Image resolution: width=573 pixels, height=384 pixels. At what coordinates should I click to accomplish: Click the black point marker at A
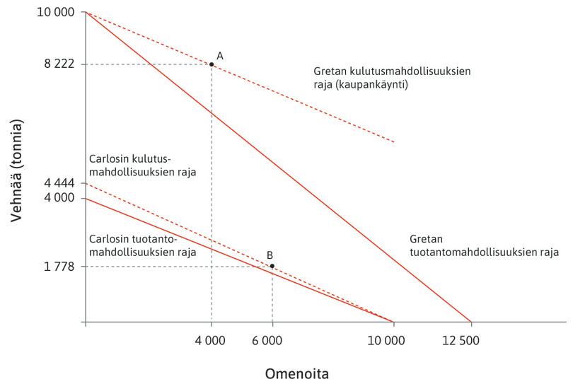pos(212,64)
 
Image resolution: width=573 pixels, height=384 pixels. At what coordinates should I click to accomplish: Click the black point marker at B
pos(272,266)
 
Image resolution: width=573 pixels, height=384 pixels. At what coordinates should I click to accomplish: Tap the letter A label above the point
pos(219,55)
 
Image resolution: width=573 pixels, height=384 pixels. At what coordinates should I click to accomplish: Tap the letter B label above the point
pos(270,255)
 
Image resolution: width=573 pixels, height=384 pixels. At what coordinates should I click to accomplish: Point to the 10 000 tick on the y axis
pos(59,13)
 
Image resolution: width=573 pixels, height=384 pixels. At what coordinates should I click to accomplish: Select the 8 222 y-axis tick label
pos(59,64)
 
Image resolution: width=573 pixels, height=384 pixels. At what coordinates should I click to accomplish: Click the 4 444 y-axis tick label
pos(59,184)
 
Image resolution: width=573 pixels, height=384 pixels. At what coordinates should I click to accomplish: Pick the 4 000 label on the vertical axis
pos(59,198)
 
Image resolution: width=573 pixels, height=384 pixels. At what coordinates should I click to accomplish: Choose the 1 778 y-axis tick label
pos(59,267)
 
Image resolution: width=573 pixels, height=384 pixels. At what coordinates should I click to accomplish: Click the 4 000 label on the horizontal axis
pos(210,340)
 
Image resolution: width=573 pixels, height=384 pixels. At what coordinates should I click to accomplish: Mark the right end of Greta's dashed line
pos(393,142)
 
